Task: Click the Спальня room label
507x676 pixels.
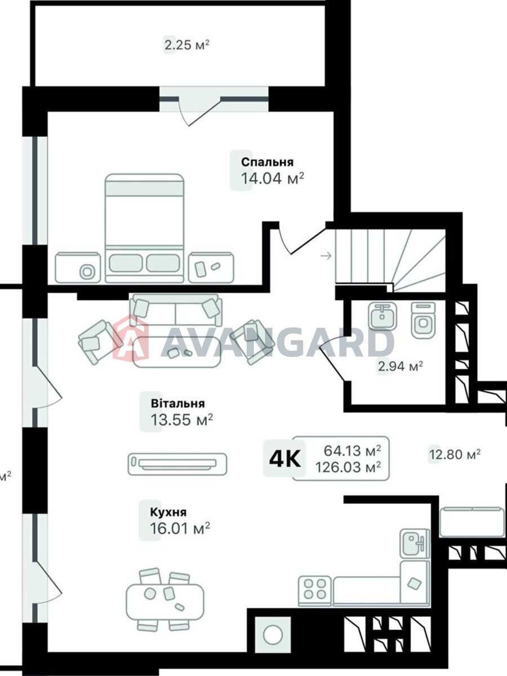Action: coord(267,162)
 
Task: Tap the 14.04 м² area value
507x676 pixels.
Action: coord(273,179)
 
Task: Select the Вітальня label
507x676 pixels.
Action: coord(177,403)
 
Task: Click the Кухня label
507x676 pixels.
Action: coord(168,512)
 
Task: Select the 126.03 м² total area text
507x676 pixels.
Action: coord(348,467)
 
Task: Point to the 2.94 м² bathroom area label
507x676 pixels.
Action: coord(400,367)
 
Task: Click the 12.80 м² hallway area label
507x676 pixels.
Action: coord(455,454)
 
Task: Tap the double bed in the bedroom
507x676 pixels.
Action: coord(145,228)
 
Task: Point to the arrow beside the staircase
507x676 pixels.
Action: coord(325,257)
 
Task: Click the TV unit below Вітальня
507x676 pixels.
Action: coord(177,464)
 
